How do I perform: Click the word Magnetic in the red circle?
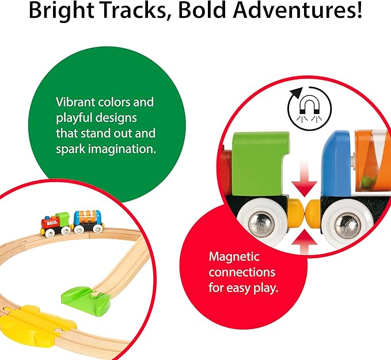[x=234, y=256]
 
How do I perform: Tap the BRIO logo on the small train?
[x=49, y=221]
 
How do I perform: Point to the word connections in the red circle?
[x=242, y=272]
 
